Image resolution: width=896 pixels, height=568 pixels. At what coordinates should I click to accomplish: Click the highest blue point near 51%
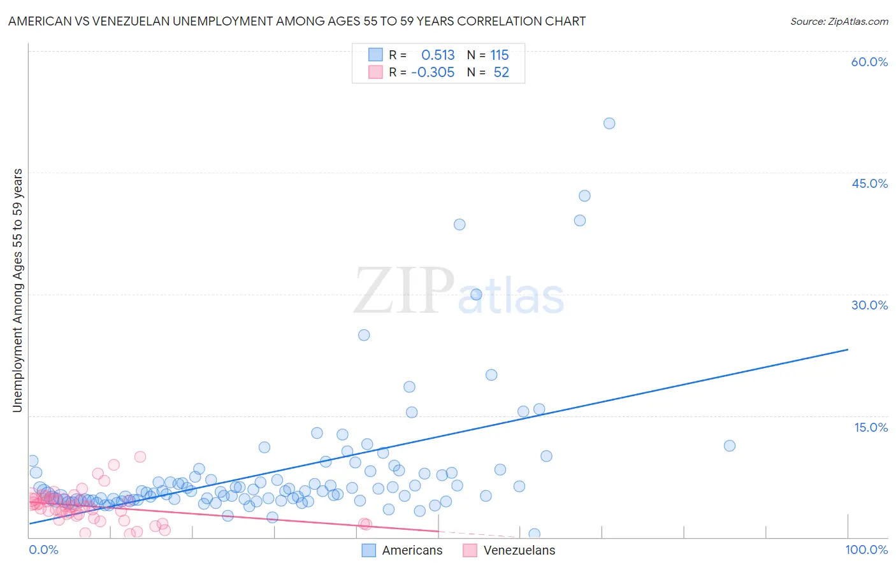coord(609,124)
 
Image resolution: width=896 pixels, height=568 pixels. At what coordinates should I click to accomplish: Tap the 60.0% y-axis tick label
coord(869,62)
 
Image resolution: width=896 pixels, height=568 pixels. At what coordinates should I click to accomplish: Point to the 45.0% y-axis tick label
coord(869,183)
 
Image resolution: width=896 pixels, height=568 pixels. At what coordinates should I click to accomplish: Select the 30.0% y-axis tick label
coord(869,305)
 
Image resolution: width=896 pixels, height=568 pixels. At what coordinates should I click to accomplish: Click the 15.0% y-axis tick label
coord(871,427)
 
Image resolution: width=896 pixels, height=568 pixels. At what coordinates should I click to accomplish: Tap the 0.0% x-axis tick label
coord(43,550)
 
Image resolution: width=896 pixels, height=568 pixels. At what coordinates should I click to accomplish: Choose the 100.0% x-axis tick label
coord(866,550)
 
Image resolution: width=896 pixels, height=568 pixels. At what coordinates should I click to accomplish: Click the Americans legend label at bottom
coord(412,550)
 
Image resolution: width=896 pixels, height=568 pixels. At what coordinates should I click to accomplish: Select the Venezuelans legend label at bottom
coord(519,550)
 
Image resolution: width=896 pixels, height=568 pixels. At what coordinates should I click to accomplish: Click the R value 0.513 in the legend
coord(438,55)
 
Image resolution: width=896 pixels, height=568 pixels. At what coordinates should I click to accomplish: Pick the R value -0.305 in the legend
coord(433,73)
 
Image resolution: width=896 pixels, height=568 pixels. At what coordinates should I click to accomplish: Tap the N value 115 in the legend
coord(499,55)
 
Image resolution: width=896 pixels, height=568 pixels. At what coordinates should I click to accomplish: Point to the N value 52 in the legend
coord(501,73)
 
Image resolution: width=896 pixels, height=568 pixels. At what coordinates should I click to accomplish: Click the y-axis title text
coord(17,290)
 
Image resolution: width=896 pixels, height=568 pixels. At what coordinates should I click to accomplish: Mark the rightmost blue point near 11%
coord(730,446)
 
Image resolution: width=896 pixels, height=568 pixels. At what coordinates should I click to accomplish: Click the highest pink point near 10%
coord(140,457)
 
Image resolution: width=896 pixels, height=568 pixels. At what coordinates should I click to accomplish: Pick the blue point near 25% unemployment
coord(364,335)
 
